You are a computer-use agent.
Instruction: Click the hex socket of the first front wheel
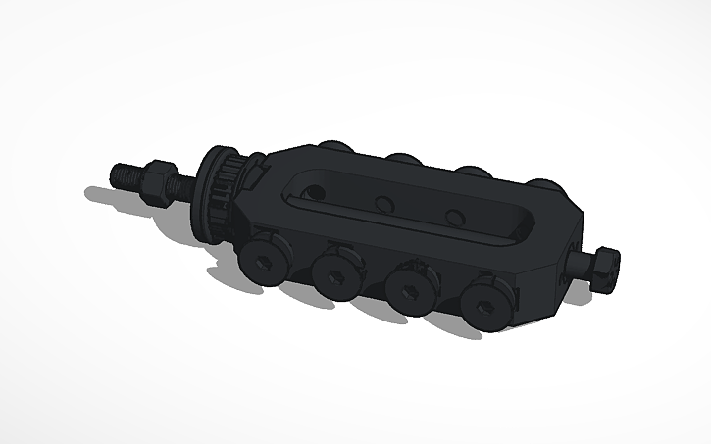262,263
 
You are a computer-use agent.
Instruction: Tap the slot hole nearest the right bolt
452,217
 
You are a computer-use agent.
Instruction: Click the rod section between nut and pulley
186,184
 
